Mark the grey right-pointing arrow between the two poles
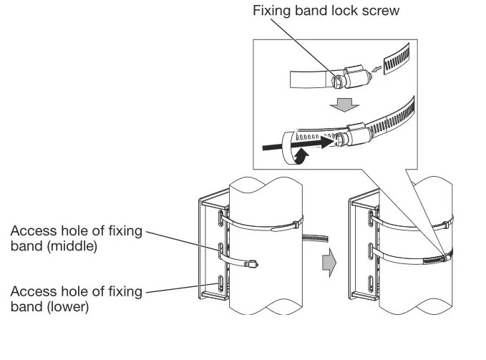click(327, 265)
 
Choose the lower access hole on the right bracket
click(369, 285)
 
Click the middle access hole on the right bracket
click(369, 252)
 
